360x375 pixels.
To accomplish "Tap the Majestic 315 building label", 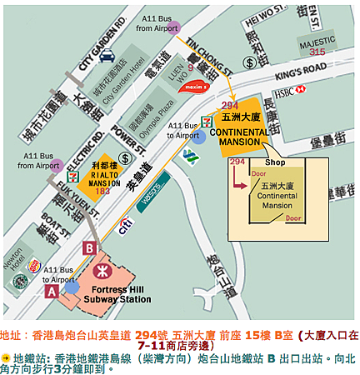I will coord(317,47).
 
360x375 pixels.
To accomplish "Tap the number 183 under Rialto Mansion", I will coord(103,192).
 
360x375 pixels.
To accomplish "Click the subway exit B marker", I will coord(88,247).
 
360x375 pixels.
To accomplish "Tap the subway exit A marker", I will coord(52,292).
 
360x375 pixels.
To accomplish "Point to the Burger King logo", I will coord(33,267).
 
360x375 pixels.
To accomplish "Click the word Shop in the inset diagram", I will coord(275,162).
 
